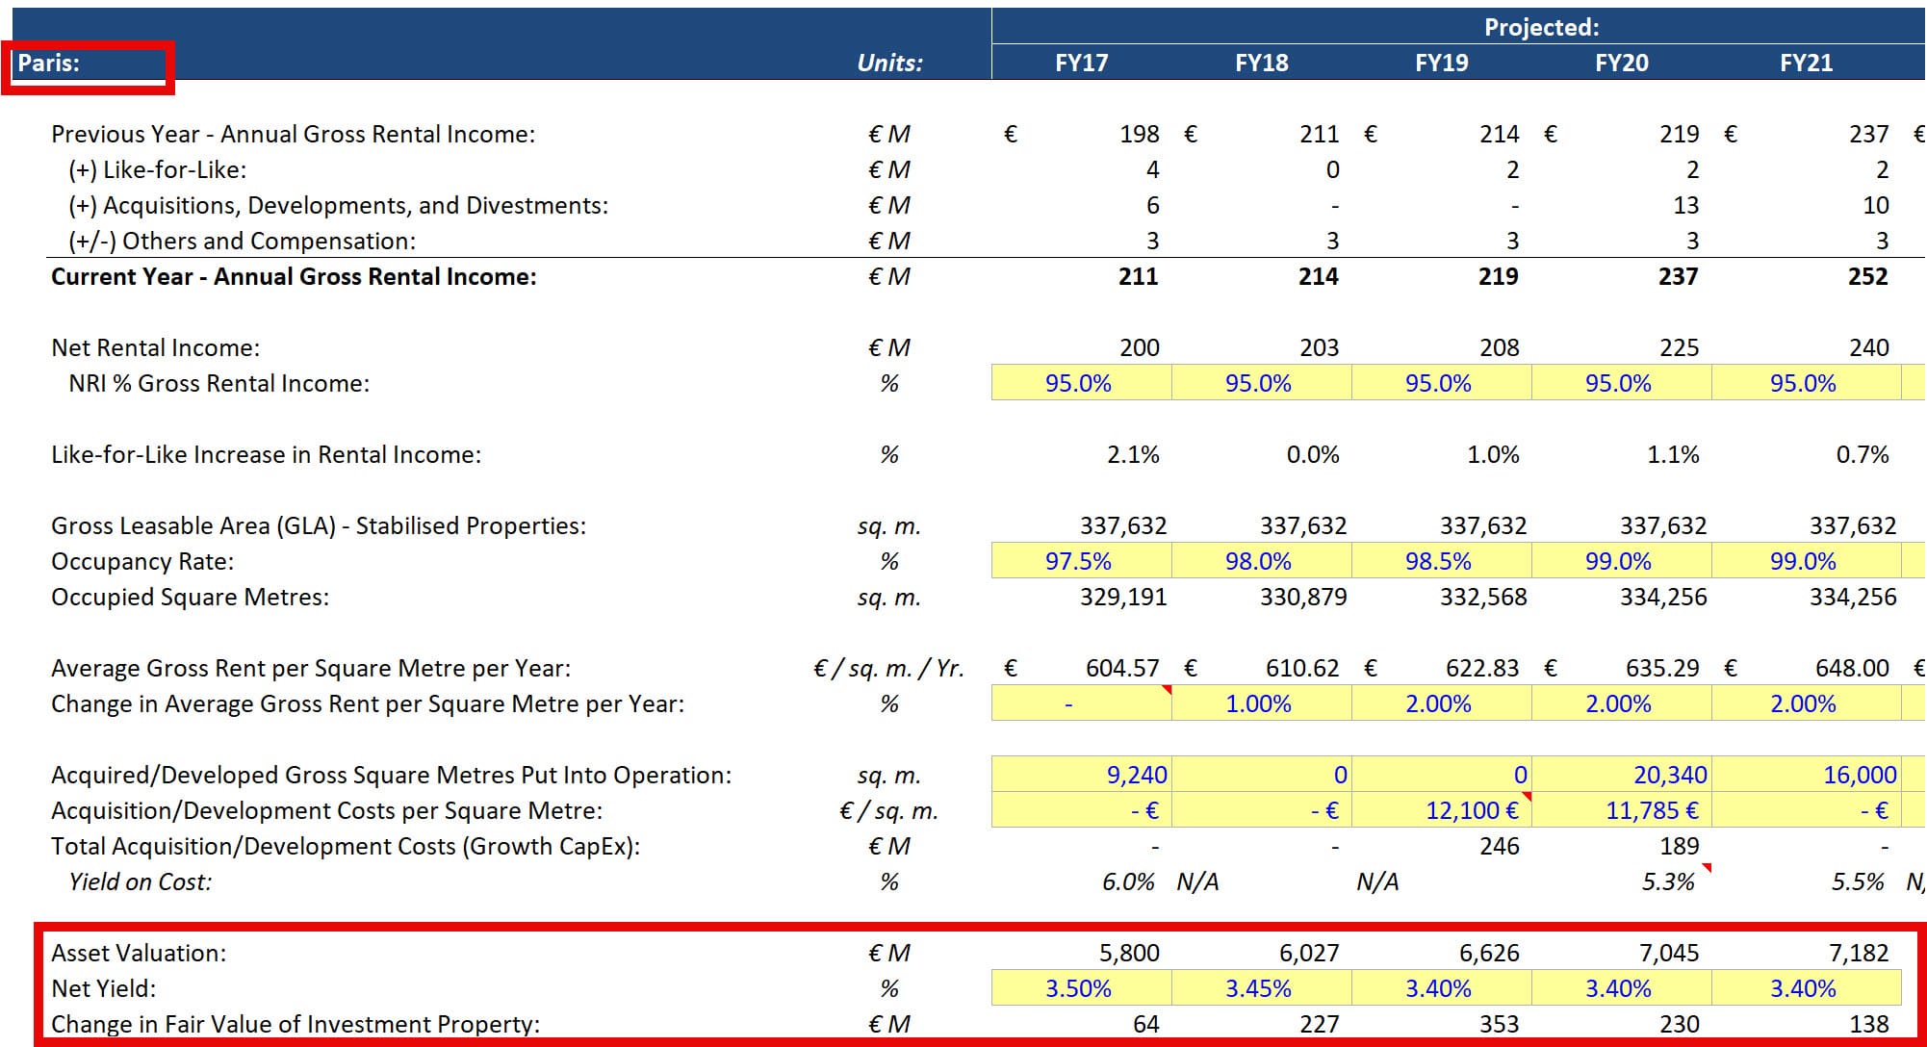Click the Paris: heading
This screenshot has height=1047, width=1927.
pyautogui.click(x=49, y=64)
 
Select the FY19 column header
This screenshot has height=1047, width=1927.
pyautogui.click(x=1441, y=64)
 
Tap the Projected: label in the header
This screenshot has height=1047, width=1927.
pyautogui.click(x=1540, y=27)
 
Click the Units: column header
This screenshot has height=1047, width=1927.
pyautogui.click(x=889, y=64)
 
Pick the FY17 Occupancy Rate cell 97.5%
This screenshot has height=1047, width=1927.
pyautogui.click(x=1078, y=561)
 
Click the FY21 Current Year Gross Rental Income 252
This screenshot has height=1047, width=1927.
pyautogui.click(x=1867, y=277)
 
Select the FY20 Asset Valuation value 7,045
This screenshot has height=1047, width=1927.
pyautogui.click(x=1669, y=953)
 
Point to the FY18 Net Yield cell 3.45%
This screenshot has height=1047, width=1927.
pyautogui.click(x=1258, y=988)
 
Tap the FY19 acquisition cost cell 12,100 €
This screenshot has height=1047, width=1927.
pyautogui.click(x=1472, y=810)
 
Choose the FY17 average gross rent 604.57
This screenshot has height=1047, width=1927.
pyautogui.click(x=1121, y=668)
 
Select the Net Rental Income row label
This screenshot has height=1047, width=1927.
pyautogui.click(x=156, y=347)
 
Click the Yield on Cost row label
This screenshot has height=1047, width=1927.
pyautogui.click(x=141, y=881)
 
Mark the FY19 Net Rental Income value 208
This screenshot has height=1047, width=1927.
pyautogui.click(x=1499, y=347)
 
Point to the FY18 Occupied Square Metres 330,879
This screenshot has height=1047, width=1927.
pyautogui.click(x=1303, y=597)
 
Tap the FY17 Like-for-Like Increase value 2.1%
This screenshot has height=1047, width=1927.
pyautogui.click(x=1133, y=454)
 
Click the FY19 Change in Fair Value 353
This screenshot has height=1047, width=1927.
pyautogui.click(x=1499, y=1024)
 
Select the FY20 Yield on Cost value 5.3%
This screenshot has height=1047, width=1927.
pyautogui.click(x=1667, y=881)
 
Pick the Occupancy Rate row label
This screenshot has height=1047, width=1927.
pyautogui.click(x=142, y=561)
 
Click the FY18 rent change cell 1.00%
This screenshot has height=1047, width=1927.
pyautogui.click(x=1258, y=703)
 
